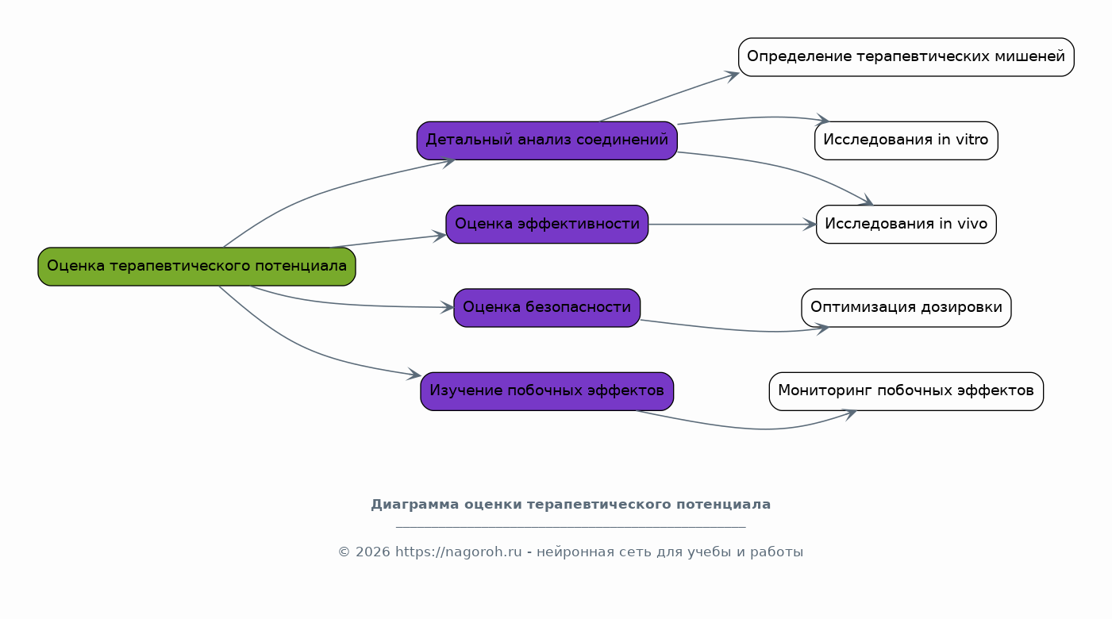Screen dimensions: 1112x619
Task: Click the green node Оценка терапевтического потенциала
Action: [197, 267]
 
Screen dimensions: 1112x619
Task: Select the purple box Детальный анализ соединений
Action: [547, 140]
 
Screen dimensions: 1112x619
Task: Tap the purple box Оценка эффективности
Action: [547, 225]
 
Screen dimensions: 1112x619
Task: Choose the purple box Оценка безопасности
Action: [547, 308]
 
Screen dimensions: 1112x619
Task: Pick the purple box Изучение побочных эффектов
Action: [547, 392]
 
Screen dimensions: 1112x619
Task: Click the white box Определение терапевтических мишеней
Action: [906, 57]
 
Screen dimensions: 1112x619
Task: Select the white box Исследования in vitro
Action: [906, 140]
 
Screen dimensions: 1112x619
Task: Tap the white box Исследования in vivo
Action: [906, 225]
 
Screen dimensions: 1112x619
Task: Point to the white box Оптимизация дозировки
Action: [906, 308]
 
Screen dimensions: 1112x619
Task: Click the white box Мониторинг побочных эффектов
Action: [906, 392]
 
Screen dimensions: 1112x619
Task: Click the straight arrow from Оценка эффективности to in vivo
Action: [733, 225]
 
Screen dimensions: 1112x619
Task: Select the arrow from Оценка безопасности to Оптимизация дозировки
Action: [735, 329]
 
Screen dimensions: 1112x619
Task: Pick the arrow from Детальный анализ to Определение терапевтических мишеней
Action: [670, 96]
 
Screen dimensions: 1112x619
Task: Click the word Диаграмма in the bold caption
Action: [415, 505]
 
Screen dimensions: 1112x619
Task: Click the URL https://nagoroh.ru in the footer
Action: [458, 552]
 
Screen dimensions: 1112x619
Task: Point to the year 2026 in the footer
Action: [373, 552]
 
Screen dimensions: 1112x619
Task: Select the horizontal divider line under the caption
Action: [571, 527]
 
